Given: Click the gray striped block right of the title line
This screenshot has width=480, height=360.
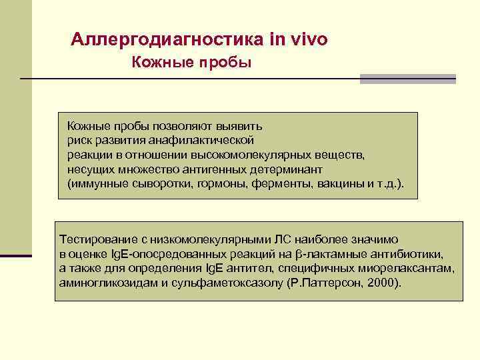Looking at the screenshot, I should coord(407,79).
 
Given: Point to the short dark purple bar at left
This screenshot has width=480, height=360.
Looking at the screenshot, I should coord(15,255).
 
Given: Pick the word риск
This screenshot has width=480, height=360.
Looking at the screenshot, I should coord(79,141).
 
